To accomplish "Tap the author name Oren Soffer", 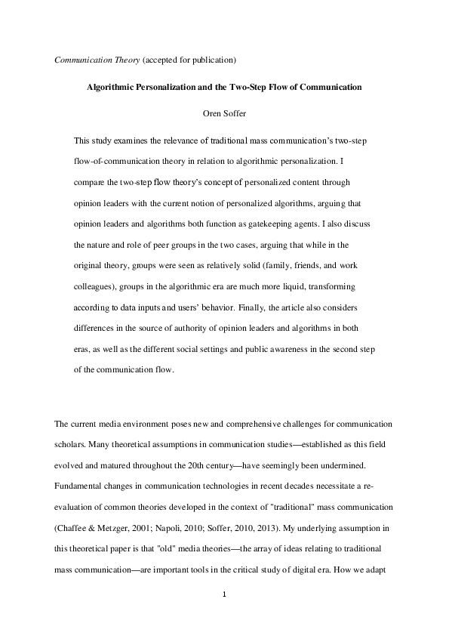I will coord(224,116).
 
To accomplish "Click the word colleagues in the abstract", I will coord(95,288).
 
